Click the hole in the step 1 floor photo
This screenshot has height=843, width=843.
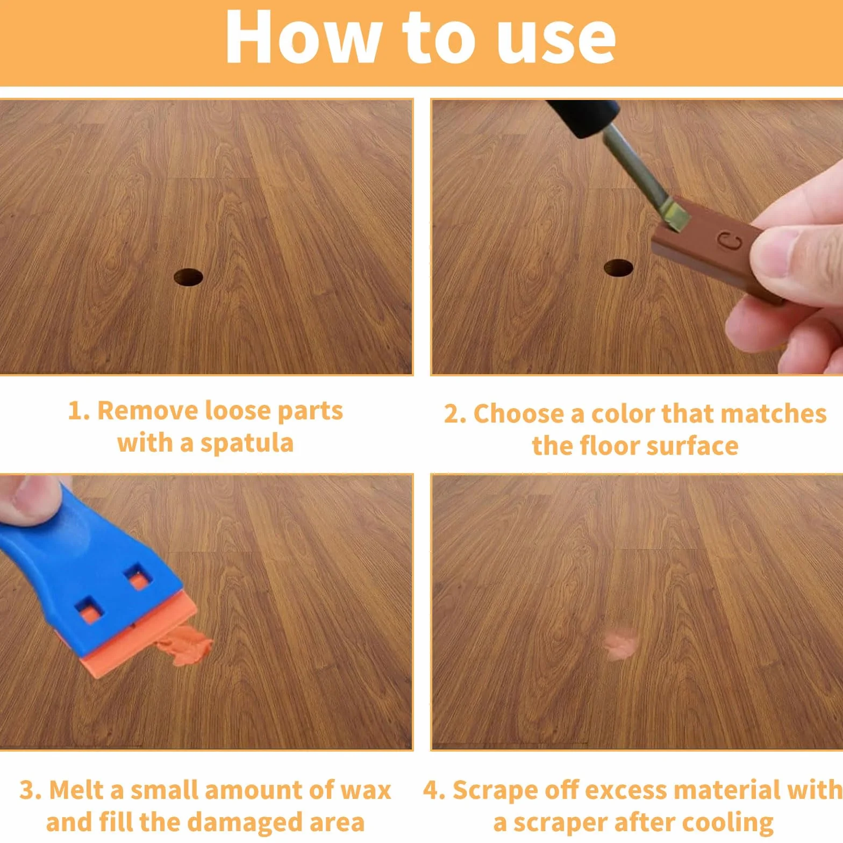(x=189, y=277)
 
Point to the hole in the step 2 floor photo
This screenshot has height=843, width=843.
(x=618, y=267)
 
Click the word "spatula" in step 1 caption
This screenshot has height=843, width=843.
(x=247, y=444)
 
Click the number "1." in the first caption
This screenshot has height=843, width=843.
(x=79, y=411)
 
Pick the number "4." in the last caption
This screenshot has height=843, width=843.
(x=434, y=791)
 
